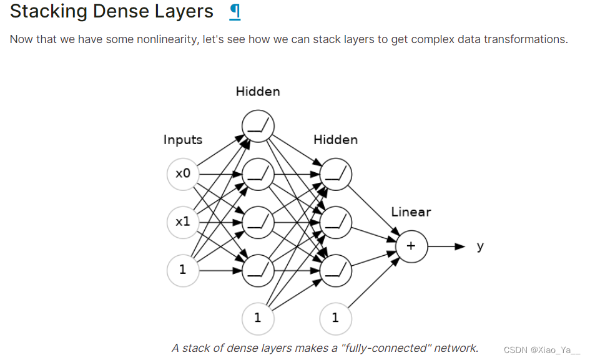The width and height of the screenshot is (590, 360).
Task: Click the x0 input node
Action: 183,174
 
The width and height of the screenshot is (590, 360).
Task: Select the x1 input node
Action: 183,221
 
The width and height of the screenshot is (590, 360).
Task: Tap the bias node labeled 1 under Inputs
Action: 183,270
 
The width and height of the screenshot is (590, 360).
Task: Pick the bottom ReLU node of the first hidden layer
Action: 258,270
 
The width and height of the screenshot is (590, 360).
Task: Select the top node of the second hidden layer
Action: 336,174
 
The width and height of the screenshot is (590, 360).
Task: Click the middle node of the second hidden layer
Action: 336,221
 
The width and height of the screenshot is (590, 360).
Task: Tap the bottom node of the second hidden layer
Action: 336,270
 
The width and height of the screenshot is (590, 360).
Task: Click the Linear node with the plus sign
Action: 411,246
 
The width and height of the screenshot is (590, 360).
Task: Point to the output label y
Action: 480,246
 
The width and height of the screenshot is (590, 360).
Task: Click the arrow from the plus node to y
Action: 446,246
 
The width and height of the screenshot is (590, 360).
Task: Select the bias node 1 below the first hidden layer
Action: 258,318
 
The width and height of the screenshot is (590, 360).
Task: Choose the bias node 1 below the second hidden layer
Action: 336,318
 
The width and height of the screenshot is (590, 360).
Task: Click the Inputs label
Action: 183,140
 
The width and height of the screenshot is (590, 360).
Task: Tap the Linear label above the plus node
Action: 411,212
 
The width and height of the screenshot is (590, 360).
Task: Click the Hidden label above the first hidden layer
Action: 258,92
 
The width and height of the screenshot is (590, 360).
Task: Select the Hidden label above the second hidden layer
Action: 336,140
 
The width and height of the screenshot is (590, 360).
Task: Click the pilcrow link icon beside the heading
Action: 235,12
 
